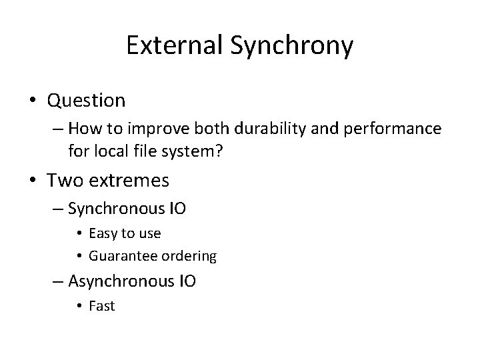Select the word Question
tap(86, 101)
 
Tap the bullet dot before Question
tap(33, 101)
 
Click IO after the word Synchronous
tap(177, 209)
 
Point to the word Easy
tap(102, 233)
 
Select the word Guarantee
tap(117, 255)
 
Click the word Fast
tap(102, 306)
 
